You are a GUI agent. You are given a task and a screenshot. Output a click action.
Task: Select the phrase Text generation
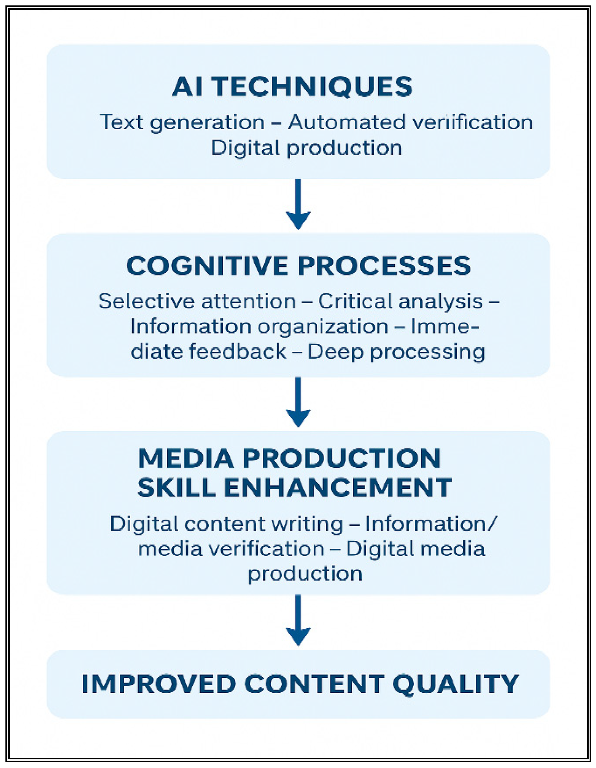(x=182, y=123)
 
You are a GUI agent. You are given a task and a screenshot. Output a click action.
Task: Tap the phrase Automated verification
(x=410, y=123)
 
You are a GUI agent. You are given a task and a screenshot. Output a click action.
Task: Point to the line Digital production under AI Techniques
(x=306, y=148)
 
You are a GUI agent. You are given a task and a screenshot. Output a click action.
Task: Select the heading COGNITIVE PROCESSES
(x=298, y=266)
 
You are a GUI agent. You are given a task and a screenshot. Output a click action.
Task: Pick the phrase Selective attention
(x=197, y=301)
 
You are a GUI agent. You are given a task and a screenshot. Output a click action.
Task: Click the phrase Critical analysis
(x=400, y=301)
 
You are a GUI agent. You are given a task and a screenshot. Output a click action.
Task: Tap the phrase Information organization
(x=259, y=327)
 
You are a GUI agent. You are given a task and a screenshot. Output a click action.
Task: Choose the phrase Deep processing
(x=396, y=352)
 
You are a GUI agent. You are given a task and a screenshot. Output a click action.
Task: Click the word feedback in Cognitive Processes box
(x=238, y=352)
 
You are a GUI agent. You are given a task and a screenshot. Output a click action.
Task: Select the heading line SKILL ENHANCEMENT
(x=294, y=487)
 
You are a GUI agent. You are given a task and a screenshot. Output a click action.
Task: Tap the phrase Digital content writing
(x=226, y=524)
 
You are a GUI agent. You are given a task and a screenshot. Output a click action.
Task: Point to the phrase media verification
(x=231, y=549)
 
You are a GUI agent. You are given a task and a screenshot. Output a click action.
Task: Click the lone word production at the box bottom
(x=305, y=574)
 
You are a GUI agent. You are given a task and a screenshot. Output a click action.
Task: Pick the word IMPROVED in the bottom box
(x=159, y=684)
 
